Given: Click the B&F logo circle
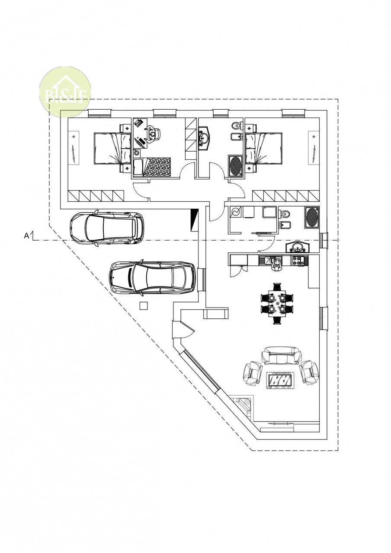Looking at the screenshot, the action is (x=65, y=92).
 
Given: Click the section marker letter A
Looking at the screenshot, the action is (x=26, y=236).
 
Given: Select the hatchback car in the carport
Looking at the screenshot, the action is (x=107, y=228).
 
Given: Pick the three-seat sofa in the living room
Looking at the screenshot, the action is (x=282, y=355).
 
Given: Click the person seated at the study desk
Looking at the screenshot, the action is (x=153, y=134).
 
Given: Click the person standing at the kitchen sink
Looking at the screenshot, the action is (x=276, y=264).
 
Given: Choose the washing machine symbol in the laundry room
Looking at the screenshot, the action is (x=236, y=212).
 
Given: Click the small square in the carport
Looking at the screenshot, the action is (x=143, y=305).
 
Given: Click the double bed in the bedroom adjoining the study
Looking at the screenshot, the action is (x=112, y=149).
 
